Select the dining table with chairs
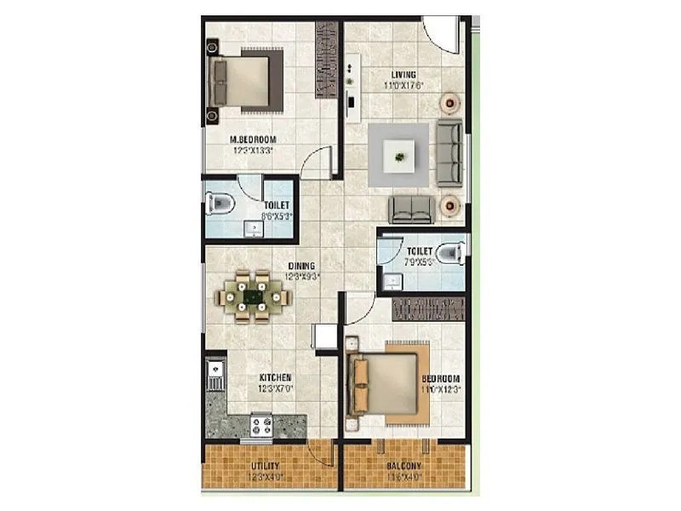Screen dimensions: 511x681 (254, 296)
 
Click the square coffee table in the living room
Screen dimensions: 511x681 (400, 155)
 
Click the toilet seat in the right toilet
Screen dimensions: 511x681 (452, 252)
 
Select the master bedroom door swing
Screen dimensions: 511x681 (317, 161)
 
